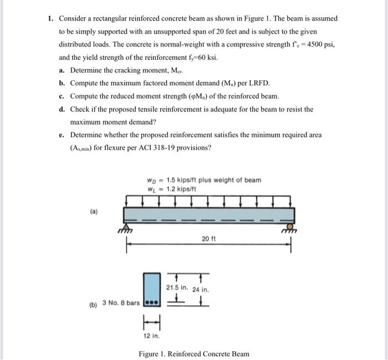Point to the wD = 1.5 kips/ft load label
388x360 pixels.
203,180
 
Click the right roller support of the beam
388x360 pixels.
288,227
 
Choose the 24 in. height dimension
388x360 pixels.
200,289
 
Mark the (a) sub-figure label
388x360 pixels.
94,212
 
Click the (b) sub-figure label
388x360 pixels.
93,304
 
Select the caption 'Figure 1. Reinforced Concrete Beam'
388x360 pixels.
194,353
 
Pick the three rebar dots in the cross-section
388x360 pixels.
152,303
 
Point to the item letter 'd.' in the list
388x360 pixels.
62,109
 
